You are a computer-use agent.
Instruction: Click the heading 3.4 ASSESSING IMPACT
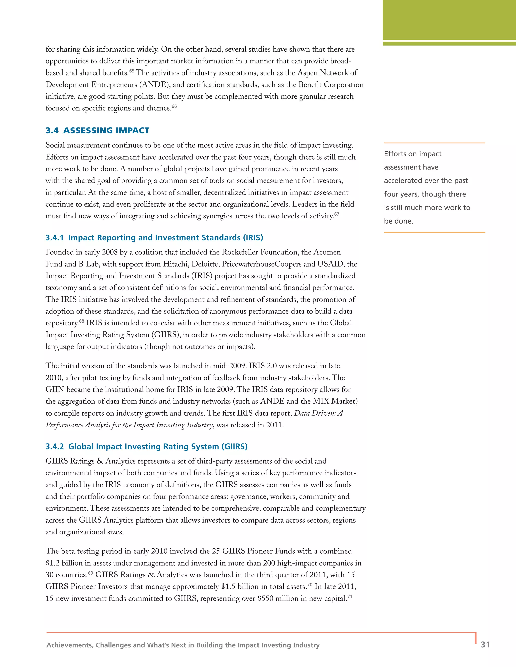click(x=97, y=130)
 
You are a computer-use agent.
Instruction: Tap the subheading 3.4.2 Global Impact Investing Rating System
click(x=146, y=447)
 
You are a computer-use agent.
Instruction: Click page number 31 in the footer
click(x=485, y=644)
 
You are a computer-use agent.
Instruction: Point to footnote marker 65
click(x=132, y=71)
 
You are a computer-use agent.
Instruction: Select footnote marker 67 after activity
click(x=337, y=214)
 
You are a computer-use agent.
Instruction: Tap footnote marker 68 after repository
click(x=82, y=321)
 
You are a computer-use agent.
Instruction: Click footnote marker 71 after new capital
click(x=350, y=597)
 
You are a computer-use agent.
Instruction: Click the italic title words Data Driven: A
click(x=318, y=413)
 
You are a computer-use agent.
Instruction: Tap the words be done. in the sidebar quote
click(x=399, y=221)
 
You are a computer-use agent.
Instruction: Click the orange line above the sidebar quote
click(x=434, y=143)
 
